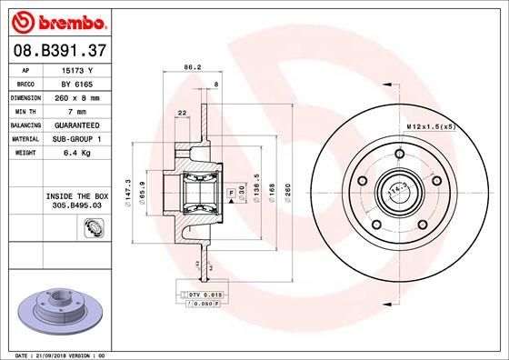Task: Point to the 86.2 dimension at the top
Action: click(x=192, y=66)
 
